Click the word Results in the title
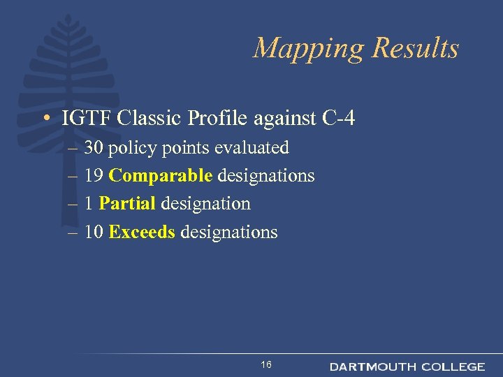(416, 47)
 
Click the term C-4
(340, 119)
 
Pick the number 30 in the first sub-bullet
(94, 148)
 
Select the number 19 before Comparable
(94, 176)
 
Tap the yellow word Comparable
(161, 176)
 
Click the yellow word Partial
(127, 204)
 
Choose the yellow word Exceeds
(142, 232)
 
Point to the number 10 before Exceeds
(94, 232)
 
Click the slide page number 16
(266, 365)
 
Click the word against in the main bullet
(286, 119)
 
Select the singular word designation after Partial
(205, 204)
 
